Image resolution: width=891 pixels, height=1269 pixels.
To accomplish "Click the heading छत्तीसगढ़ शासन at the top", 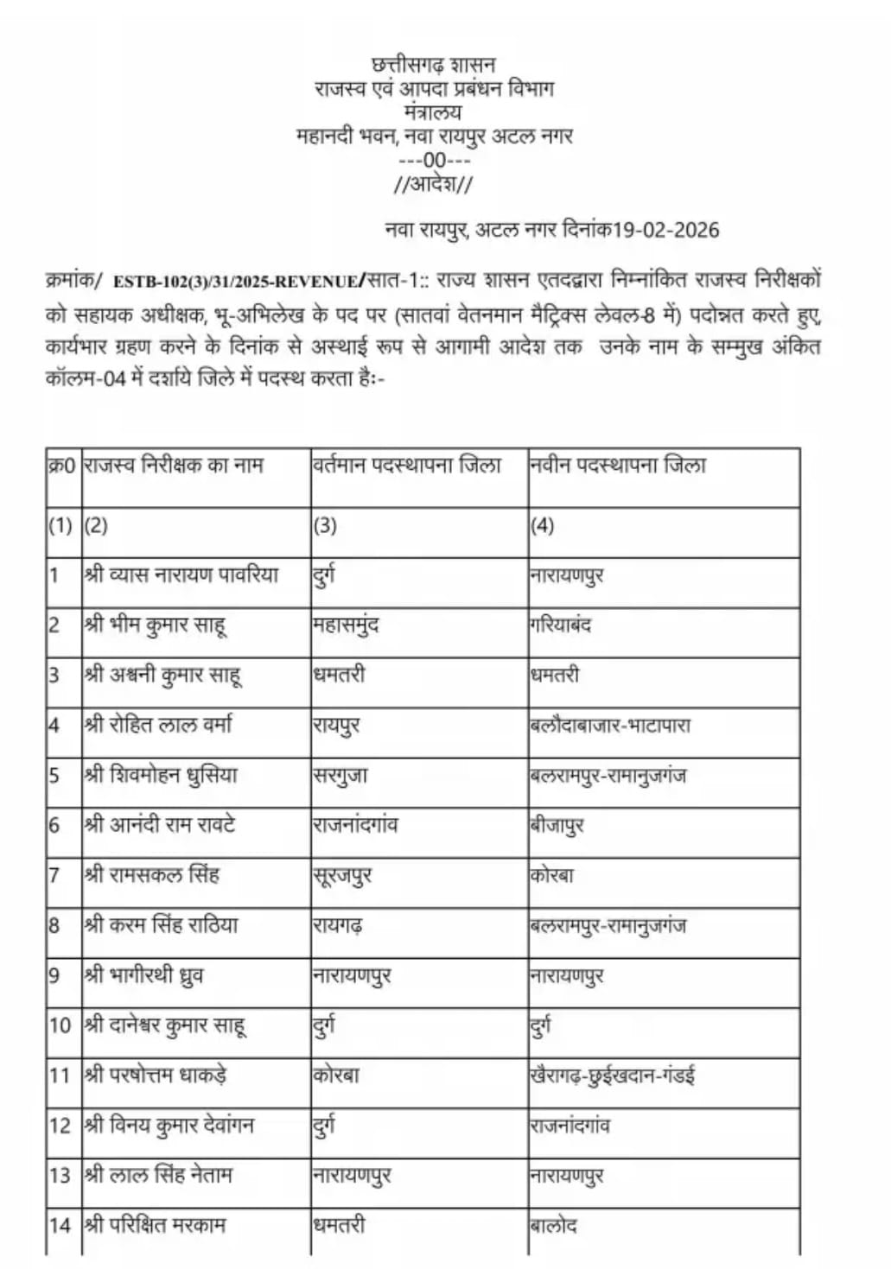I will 434,65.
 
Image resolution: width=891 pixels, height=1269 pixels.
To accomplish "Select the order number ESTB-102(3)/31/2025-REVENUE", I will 235,282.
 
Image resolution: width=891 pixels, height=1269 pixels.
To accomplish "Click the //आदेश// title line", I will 434,184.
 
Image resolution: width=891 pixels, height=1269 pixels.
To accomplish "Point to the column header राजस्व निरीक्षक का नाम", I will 174,466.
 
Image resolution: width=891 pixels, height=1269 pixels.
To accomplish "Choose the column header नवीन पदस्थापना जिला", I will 619,466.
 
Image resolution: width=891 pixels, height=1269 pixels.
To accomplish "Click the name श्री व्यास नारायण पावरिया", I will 182,574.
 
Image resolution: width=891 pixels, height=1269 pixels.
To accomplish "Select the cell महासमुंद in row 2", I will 346,625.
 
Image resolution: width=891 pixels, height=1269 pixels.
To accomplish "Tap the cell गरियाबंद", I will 561,625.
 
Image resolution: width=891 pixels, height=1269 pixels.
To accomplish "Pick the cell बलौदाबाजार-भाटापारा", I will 610,725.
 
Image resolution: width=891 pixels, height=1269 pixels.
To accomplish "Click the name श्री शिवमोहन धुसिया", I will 162,775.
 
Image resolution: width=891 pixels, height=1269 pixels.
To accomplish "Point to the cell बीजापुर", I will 557,825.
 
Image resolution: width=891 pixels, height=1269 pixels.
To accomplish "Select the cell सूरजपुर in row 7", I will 342,875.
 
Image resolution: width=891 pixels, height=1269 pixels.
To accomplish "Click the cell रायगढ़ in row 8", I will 338,925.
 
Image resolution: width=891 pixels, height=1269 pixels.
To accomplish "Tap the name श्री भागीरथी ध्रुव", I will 144,975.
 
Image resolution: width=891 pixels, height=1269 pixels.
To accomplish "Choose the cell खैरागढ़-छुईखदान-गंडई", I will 613,1075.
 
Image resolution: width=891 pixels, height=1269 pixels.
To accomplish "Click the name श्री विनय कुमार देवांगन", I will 169,1126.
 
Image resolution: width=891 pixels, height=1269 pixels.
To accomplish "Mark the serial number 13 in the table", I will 60,1176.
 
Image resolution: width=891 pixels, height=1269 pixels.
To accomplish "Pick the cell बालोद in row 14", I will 554,1225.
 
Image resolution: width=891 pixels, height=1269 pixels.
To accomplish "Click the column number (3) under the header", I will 325,525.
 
